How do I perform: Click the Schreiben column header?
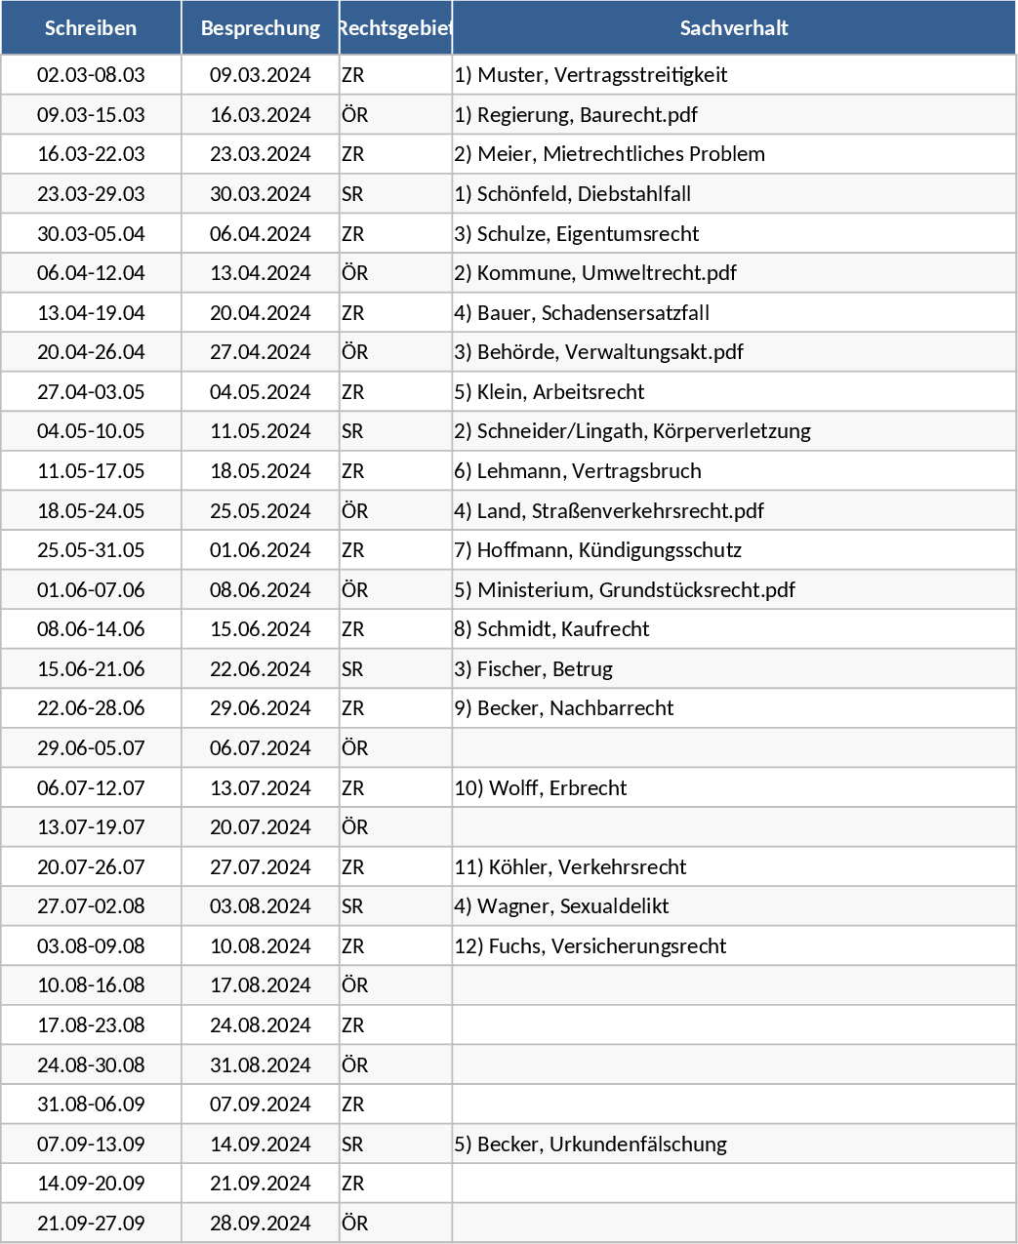coord(91,28)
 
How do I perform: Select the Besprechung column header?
coord(261,28)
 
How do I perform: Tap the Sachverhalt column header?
coord(734,28)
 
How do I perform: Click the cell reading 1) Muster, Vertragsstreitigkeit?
coord(590,75)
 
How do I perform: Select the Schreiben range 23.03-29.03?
coord(91,194)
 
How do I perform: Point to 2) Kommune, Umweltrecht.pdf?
coord(595,273)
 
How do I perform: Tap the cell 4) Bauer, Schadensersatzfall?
coord(582,313)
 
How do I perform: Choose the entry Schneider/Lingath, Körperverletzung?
coord(632,431)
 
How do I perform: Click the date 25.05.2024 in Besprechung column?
coord(261,511)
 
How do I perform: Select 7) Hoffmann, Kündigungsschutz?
coord(597,550)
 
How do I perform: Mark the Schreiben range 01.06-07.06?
coord(91,590)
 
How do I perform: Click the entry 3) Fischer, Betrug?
coord(534,669)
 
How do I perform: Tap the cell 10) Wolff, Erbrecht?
coord(541,788)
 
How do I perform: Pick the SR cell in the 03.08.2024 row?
coord(352,906)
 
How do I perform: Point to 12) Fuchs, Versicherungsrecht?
coord(590,946)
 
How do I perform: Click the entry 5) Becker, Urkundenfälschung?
coord(590,1144)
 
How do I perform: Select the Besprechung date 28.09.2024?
coord(261,1224)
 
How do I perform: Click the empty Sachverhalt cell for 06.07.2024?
coord(734,748)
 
